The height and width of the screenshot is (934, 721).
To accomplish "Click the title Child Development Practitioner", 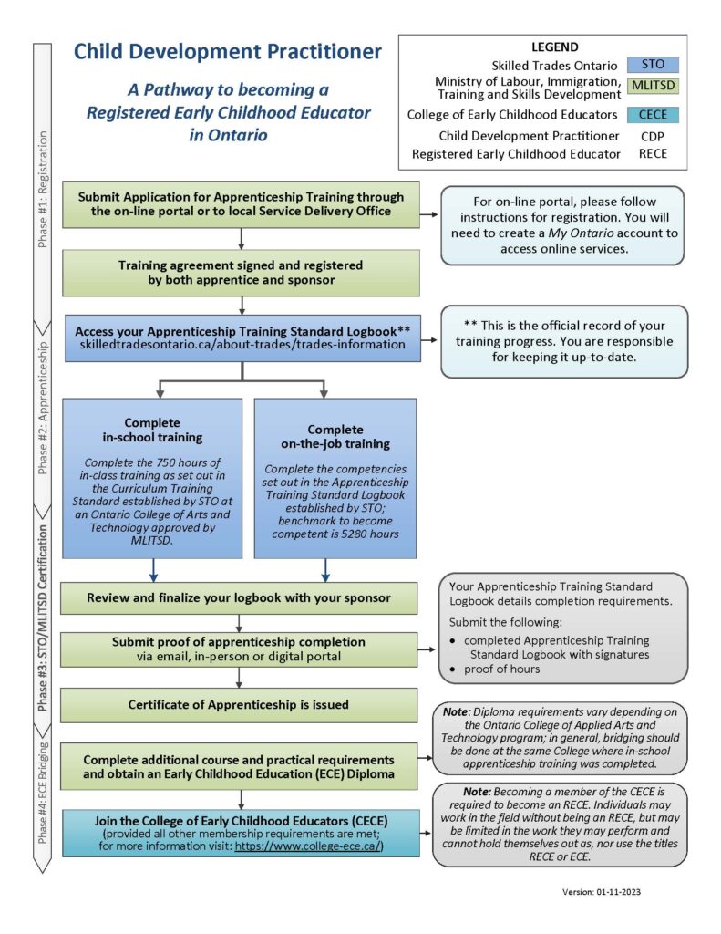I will click(227, 52).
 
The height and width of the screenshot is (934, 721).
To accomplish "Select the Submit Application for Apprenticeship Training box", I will click(242, 204).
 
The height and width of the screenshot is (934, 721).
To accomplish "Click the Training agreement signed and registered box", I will click(242, 273).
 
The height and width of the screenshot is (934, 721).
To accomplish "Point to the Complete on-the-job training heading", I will click(335, 437).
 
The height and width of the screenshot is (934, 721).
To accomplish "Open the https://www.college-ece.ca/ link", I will click(309, 846).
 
